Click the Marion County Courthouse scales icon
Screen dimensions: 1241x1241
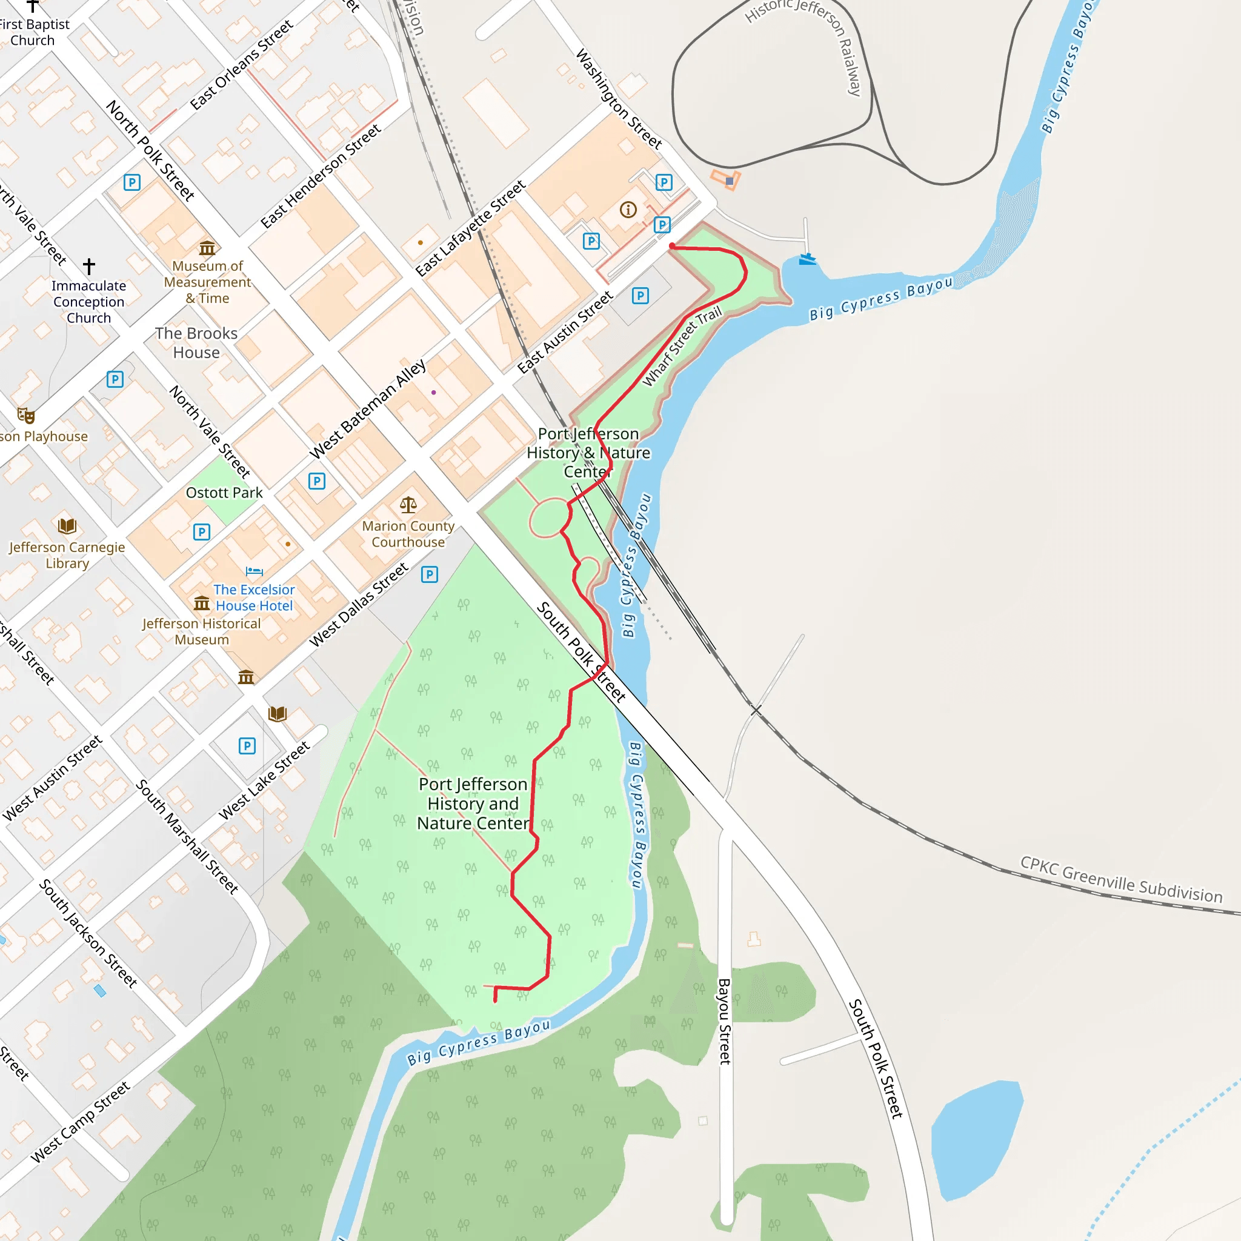point(408,505)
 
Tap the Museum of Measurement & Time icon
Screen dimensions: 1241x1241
point(207,248)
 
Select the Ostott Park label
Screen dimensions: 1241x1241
point(224,493)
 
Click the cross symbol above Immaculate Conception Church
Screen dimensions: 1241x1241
point(89,265)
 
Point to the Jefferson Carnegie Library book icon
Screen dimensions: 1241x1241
point(67,526)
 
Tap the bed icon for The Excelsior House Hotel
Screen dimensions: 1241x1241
point(255,571)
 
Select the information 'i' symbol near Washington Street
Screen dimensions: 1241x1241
point(628,210)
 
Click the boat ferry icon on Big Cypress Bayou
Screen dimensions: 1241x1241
point(807,259)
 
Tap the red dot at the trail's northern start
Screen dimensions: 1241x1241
point(672,246)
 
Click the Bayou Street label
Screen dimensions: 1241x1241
point(724,1020)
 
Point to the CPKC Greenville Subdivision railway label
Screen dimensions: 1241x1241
point(1121,880)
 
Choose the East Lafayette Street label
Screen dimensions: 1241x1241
point(471,228)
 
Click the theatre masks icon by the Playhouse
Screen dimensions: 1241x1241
point(26,416)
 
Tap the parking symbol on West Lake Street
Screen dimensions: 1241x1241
point(247,746)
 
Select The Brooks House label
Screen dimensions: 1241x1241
point(196,342)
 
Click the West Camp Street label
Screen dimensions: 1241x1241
point(81,1122)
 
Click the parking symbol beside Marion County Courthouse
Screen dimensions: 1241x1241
point(429,574)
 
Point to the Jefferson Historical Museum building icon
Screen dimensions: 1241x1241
point(202,603)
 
